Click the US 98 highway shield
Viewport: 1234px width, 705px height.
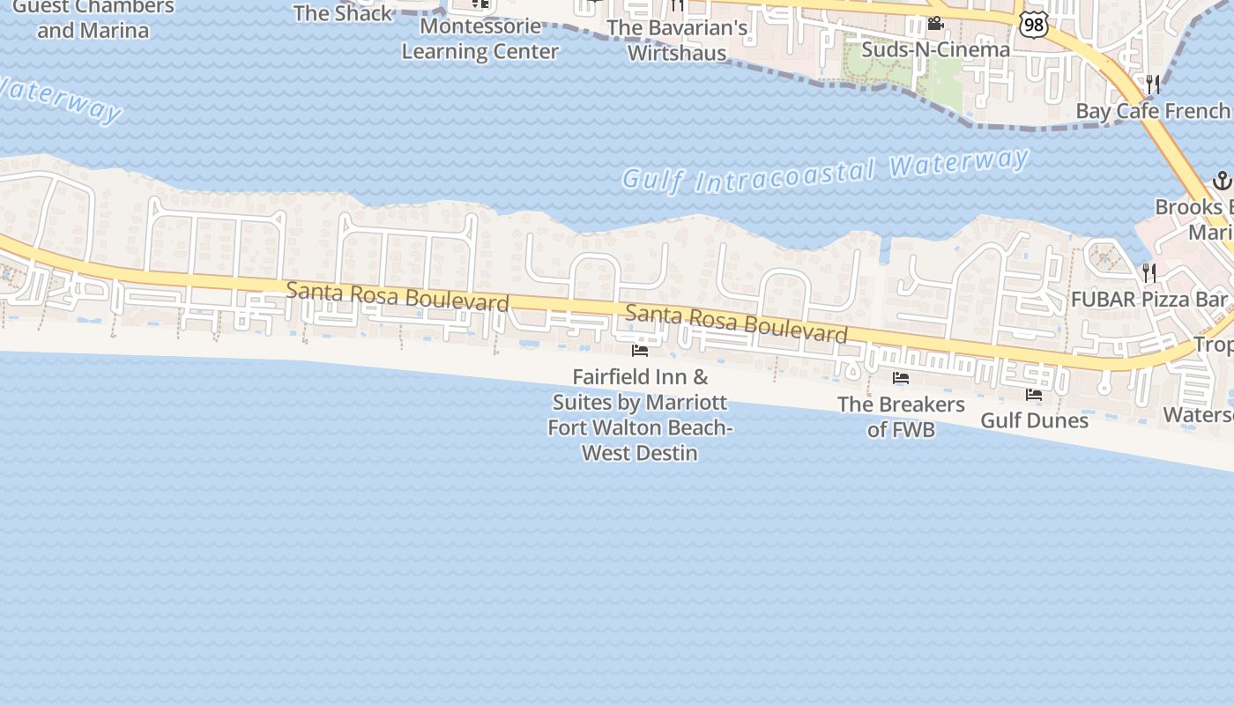(x=1034, y=24)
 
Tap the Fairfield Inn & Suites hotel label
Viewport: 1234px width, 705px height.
(x=640, y=415)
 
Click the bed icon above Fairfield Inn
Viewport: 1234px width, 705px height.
(x=640, y=351)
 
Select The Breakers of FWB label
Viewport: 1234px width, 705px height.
(x=901, y=417)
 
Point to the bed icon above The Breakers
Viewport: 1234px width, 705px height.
(x=901, y=379)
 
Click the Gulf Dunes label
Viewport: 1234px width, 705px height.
(x=1034, y=420)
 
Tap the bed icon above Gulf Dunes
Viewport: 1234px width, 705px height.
(x=1034, y=395)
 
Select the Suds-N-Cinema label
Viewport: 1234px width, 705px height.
(x=935, y=49)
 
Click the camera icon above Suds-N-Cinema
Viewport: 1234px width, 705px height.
(x=935, y=24)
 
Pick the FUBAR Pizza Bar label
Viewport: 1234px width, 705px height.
(x=1149, y=300)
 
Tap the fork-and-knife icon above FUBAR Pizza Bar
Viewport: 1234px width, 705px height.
(x=1149, y=272)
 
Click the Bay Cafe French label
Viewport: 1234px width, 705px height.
(x=1152, y=111)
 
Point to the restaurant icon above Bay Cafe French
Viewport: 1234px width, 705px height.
(x=1152, y=85)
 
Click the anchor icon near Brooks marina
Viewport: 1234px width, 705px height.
(x=1222, y=182)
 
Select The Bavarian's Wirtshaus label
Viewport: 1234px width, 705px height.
(x=677, y=41)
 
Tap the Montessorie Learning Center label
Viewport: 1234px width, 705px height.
(x=480, y=39)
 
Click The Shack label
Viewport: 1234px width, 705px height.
(x=343, y=13)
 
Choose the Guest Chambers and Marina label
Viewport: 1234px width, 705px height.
(x=93, y=19)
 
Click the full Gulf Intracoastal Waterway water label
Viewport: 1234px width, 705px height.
(x=825, y=171)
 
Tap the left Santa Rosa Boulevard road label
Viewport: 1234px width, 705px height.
(x=398, y=297)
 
